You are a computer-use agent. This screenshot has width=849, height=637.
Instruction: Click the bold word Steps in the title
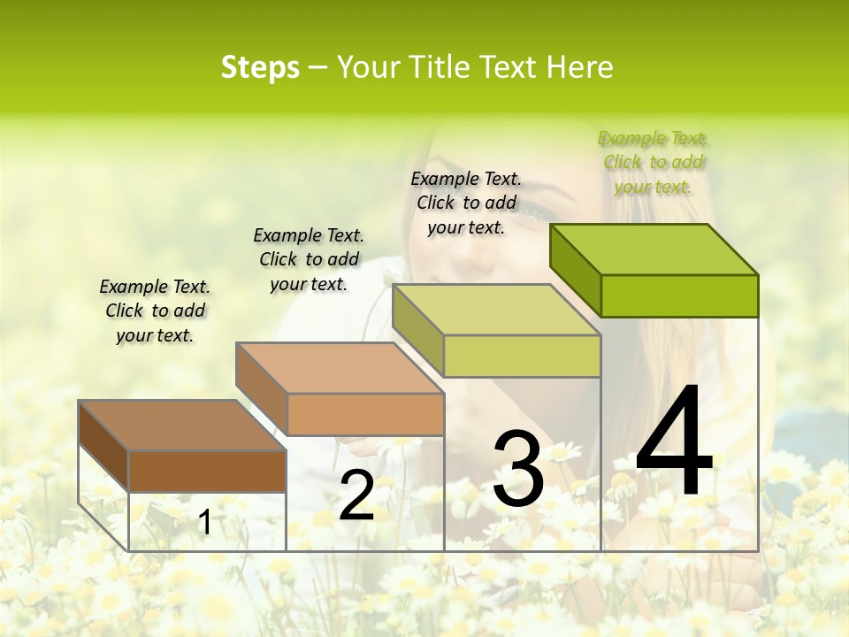260,67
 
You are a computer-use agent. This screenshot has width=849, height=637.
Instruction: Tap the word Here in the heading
580,67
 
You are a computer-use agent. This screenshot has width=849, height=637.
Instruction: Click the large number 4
674,442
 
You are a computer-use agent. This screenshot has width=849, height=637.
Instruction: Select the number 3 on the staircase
517,469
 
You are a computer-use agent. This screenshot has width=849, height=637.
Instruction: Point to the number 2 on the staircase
356,495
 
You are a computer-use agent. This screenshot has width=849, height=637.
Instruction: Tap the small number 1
204,523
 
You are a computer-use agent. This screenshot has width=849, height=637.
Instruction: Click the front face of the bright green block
679,295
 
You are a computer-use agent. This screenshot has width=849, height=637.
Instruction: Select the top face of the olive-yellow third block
495,310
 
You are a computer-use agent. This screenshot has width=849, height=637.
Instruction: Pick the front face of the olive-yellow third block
522,356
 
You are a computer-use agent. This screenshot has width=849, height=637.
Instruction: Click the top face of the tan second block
340,368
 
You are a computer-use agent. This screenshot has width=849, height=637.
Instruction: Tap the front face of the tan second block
365,414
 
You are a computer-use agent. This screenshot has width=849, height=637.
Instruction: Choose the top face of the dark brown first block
182,426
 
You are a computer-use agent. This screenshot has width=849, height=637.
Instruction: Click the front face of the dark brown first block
207,471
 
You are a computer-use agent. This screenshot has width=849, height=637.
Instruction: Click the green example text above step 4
653,163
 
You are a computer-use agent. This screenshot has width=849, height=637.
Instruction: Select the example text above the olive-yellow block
466,203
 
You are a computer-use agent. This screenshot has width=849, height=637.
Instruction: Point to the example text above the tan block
309,259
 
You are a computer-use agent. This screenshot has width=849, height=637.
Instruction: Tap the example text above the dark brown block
155,311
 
